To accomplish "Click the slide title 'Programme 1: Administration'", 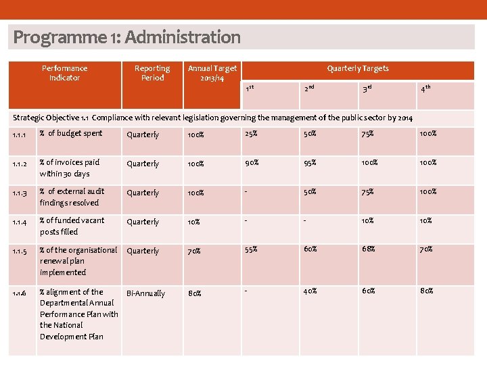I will (x=126, y=37).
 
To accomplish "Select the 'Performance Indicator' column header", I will (x=64, y=73).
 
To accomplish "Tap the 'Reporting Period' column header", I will (x=152, y=73).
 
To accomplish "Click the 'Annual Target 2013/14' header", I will (x=212, y=73).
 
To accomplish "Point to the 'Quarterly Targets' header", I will (x=358, y=68).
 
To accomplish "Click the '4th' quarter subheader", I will (x=426, y=89).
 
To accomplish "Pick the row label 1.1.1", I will (x=19, y=135).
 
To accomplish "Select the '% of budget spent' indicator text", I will (x=71, y=134).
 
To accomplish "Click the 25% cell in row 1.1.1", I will (x=251, y=134).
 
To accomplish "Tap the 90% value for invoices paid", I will (x=252, y=163).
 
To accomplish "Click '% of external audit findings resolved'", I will (x=72, y=197).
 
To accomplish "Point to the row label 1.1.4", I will (x=19, y=222).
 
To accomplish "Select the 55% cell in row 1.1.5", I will (x=252, y=249).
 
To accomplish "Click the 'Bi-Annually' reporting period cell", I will (x=145, y=293).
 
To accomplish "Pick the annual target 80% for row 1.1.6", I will (x=195, y=293).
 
